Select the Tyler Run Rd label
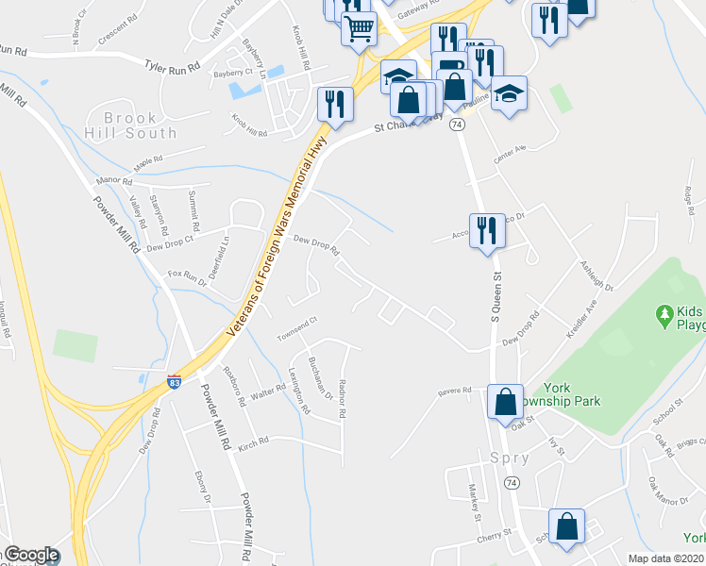pyautogui.click(x=174, y=66)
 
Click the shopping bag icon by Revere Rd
pyautogui.click(x=505, y=400)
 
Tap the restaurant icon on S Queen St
pyautogui.click(x=487, y=231)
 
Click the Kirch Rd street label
pyautogui.click(x=254, y=441)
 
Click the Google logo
pyautogui.click(x=31, y=555)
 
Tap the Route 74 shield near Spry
pyautogui.click(x=511, y=482)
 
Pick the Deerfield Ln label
pyautogui.click(x=225, y=252)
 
